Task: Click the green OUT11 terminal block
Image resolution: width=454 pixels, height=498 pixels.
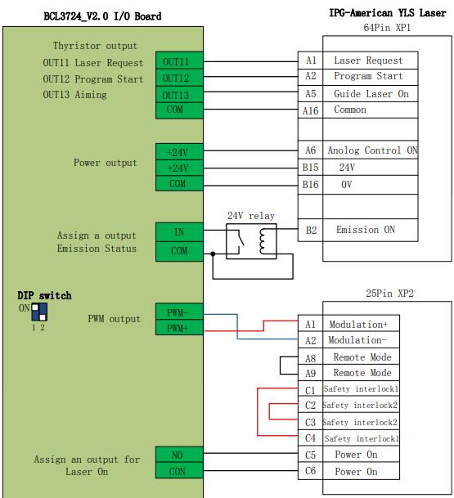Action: click(179, 61)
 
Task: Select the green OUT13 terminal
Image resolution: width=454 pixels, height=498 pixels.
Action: click(179, 94)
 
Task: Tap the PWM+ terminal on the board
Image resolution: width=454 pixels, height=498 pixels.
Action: click(179, 327)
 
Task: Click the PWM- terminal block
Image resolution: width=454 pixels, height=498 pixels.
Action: click(179, 312)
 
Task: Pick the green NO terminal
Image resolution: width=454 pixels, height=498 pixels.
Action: click(179, 455)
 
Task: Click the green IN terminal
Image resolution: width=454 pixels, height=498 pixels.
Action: click(179, 232)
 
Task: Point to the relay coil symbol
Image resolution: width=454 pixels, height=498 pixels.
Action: click(263, 241)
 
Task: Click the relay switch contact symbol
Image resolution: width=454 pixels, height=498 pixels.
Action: click(239, 240)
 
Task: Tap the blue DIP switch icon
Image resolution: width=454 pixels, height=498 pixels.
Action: click(39, 312)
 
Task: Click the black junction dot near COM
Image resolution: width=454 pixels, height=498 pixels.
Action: click(213, 253)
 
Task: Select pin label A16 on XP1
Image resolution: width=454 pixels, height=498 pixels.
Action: click(310, 111)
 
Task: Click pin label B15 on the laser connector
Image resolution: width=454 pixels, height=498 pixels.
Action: click(310, 168)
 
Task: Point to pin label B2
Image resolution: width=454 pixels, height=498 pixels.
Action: click(312, 230)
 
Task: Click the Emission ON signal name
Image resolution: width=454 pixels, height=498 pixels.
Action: click(366, 230)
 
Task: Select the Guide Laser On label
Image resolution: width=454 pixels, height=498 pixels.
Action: click(371, 94)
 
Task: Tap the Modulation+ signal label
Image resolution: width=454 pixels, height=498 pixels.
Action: click(358, 325)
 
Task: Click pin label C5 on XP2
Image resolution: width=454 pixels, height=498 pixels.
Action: click(310, 455)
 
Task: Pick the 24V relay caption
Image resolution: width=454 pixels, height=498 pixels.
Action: click(251, 216)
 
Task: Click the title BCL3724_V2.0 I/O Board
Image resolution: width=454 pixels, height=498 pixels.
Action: click(102, 16)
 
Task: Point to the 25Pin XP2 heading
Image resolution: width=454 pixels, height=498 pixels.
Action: click(389, 293)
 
